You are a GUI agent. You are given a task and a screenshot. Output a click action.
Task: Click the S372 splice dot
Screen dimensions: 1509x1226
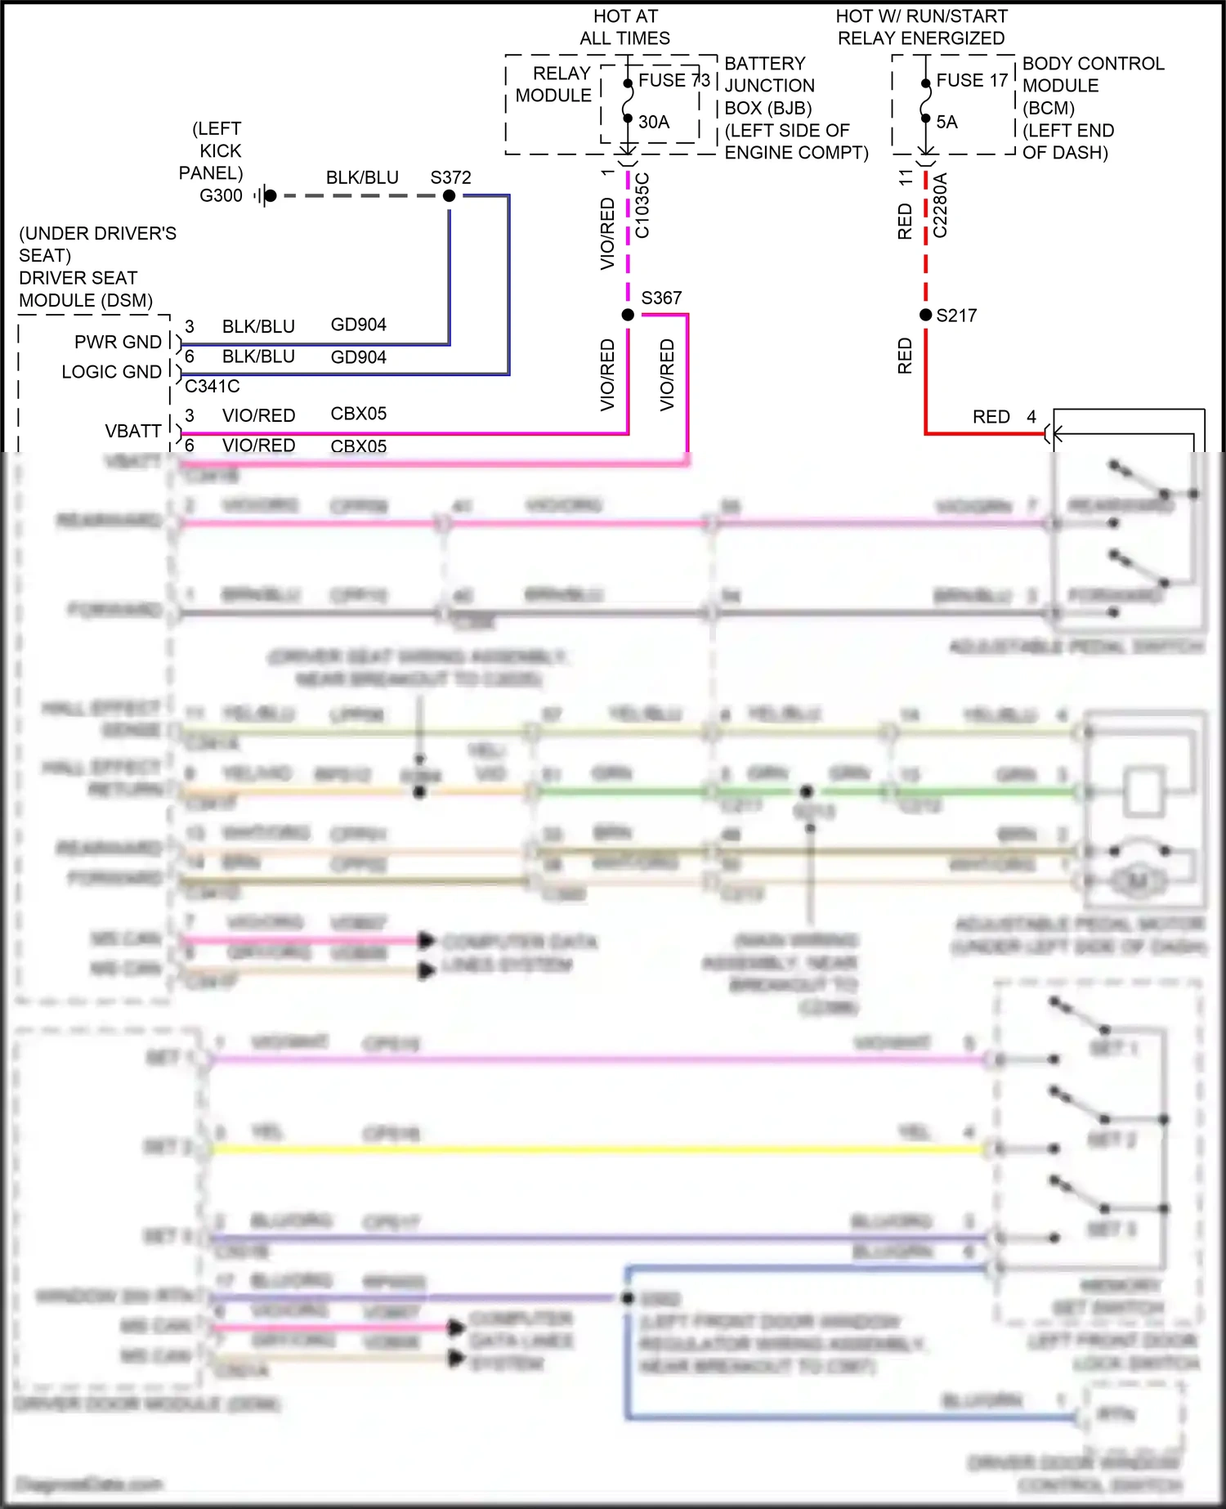449,196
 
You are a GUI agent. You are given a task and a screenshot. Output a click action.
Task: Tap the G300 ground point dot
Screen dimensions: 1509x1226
271,196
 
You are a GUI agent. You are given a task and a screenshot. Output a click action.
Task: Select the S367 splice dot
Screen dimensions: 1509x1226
628,315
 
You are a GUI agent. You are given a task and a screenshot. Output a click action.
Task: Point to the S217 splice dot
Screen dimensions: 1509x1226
925,315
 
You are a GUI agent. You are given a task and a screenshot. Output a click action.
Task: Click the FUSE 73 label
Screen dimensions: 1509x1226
674,80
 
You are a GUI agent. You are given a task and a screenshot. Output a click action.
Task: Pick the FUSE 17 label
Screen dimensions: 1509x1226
972,80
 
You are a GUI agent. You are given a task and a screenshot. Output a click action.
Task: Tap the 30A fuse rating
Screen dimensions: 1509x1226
654,122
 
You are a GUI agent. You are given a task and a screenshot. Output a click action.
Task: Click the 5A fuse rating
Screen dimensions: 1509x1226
946,122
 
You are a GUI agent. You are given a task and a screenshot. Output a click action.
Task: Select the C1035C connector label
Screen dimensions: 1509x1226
642,205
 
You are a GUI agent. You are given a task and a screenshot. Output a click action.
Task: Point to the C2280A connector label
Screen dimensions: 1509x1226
940,205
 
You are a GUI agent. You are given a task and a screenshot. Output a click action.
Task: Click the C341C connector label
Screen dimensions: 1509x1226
213,386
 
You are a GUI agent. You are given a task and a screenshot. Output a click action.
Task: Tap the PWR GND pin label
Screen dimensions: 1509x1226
118,342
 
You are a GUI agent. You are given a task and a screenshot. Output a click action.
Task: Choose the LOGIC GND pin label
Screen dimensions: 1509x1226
112,372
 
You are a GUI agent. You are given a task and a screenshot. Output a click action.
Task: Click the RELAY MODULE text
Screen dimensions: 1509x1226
554,84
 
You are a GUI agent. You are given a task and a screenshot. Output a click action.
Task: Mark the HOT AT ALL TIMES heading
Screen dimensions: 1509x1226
625,27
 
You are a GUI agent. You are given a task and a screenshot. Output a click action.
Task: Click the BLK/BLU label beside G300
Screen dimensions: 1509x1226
362,177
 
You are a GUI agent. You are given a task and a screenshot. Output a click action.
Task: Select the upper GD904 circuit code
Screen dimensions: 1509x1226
358,325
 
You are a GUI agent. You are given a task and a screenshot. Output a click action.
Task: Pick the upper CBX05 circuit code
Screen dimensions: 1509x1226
358,414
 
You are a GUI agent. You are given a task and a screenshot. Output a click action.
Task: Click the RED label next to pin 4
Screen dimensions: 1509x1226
991,417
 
